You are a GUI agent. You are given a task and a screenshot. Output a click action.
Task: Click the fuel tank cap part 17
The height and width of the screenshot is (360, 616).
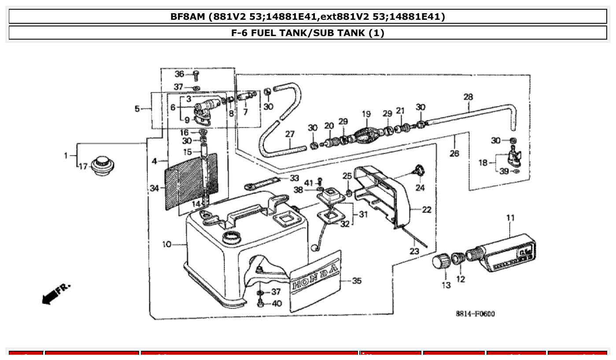(x=103, y=166)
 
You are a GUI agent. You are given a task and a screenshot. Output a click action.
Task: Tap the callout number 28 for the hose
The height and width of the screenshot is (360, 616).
(x=468, y=96)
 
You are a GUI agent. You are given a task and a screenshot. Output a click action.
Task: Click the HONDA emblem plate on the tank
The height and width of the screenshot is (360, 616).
(x=315, y=281)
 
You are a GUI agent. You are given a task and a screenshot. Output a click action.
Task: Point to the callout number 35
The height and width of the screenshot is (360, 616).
(x=357, y=280)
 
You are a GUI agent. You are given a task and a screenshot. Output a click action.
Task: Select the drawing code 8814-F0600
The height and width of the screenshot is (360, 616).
(x=475, y=314)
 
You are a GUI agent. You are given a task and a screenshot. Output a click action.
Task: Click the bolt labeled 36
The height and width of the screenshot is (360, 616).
(x=196, y=75)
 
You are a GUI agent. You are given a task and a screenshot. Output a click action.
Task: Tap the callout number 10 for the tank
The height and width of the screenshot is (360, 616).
(x=166, y=244)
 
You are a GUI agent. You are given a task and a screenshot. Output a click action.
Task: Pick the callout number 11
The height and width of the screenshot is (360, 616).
(x=510, y=217)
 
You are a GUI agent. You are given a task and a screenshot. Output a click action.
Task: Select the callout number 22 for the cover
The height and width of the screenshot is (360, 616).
(x=426, y=209)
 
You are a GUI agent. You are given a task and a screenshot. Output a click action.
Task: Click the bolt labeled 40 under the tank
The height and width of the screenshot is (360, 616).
(x=261, y=304)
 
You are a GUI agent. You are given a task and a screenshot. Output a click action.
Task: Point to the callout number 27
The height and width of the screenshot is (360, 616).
(x=290, y=134)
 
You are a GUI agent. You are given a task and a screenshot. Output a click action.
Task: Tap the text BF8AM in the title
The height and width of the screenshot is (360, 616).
(x=188, y=17)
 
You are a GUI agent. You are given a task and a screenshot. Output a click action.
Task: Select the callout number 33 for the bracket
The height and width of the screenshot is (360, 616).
(x=294, y=178)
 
